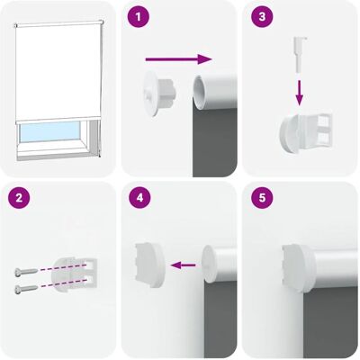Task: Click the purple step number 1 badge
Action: click(138, 17)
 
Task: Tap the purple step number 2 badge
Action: click(19, 198)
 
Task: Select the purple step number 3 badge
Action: click(262, 17)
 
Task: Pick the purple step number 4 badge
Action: click(139, 198)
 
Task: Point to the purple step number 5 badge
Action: click(262, 198)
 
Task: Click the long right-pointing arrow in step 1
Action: click(179, 59)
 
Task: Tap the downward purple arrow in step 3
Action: click(299, 93)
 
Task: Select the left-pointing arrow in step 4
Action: click(183, 265)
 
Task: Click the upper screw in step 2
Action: click(26, 272)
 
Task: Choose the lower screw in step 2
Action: click(26, 289)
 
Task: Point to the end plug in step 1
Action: click(160, 94)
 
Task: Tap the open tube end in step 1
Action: click(200, 93)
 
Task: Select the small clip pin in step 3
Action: click(299, 54)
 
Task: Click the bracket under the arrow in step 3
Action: click(306, 133)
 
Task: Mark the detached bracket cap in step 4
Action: click(150, 265)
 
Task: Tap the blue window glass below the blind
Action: click(49, 131)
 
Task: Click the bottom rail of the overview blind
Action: click(58, 121)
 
